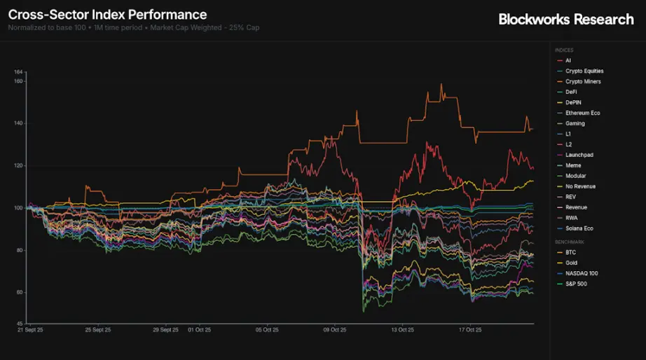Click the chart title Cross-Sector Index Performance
(x=107, y=14)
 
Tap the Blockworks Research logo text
(x=565, y=20)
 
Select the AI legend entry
(x=568, y=61)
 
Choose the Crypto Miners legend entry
(x=582, y=82)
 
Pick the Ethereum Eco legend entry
(x=582, y=113)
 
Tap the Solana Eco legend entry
(x=579, y=228)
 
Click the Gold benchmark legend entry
(x=571, y=263)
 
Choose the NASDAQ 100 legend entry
(x=582, y=273)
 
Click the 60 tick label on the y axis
(x=20, y=292)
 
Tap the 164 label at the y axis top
(x=19, y=72)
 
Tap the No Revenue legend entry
(x=580, y=186)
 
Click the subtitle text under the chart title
(x=134, y=28)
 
